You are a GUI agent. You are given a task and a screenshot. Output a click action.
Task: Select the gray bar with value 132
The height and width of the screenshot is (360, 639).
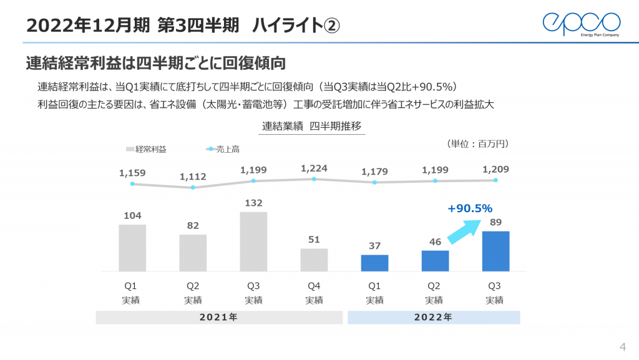(x=253, y=241)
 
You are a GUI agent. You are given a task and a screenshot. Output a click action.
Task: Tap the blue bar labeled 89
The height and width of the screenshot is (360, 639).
(x=495, y=251)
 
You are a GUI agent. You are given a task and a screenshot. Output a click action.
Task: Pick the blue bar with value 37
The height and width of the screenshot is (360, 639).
(x=374, y=263)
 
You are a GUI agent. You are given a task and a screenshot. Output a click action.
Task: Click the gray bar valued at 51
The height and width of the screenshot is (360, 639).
(x=314, y=260)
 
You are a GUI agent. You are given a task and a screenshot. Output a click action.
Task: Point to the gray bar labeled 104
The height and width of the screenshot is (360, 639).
(x=132, y=248)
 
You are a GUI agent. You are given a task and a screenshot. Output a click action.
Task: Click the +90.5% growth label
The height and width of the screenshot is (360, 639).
(x=471, y=208)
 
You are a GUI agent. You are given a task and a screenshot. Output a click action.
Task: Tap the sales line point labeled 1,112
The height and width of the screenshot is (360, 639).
(x=193, y=187)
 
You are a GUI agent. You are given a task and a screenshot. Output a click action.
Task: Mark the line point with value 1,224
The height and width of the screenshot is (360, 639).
(x=314, y=179)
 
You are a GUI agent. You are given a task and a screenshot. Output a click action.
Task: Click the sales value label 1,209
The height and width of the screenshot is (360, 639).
(x=495, y=168)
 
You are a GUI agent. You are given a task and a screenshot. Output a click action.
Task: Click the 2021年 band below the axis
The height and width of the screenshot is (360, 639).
(x=218, y=318)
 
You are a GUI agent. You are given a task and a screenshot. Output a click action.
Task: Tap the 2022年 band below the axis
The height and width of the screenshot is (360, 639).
(x=433, y=318)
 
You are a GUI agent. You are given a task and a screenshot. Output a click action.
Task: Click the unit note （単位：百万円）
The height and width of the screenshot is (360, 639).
(x=479, y=144)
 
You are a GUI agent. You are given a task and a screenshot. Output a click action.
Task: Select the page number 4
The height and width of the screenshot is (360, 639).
(x=622, y=347)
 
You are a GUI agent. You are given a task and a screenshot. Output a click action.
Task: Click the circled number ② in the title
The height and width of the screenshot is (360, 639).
(x=331, y=26)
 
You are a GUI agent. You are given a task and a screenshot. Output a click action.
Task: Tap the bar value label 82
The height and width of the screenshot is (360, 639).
(x=193, y=225)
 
